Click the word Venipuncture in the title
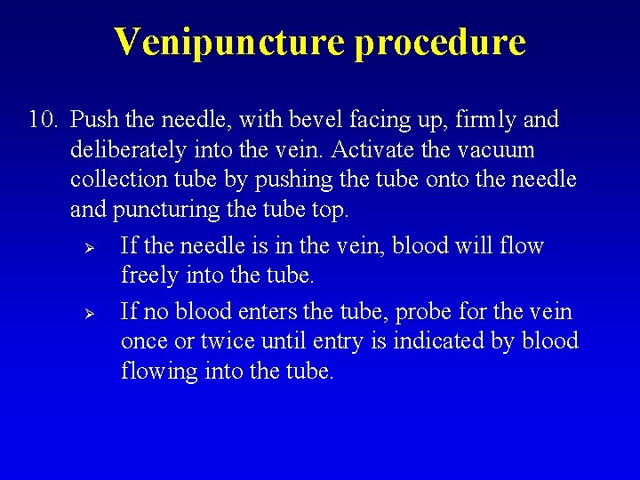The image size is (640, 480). pyautogui.click(x=230, y=42)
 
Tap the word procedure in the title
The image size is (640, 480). pyautogui.click(x=440, y=42)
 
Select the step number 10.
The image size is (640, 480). pyautogui.click(x=43, y=119)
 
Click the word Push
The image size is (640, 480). pyautogui.click(x=90, y=119)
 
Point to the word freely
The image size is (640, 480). pyautogui.click(x=148, y=276)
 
